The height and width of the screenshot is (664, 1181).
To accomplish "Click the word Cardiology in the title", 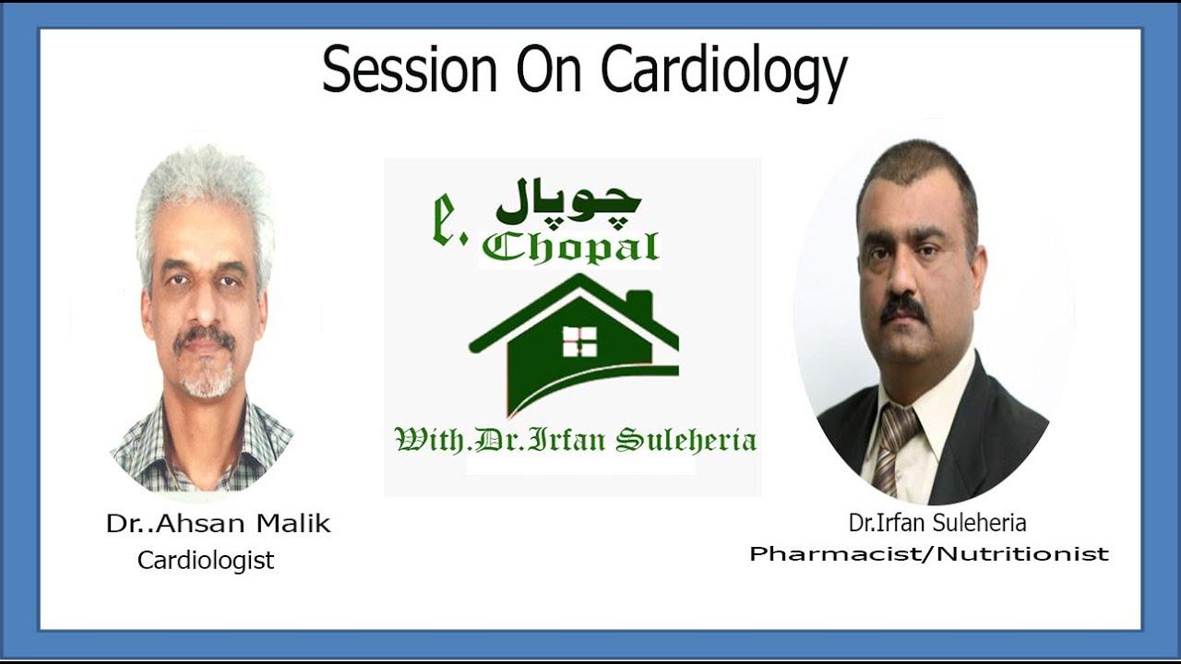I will tap(724, 72).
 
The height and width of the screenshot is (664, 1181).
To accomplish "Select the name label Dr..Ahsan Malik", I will tap(218, 525).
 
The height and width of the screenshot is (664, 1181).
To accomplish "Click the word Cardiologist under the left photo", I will tap(206, 560).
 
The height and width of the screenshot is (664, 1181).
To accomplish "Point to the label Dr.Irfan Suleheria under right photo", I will tap(937, 523).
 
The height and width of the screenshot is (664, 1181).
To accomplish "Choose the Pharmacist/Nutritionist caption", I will tap(929, 554).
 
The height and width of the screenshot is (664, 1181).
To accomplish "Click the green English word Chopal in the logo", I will tap(570, 247).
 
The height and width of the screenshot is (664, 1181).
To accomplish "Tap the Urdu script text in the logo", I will tap(568, 203).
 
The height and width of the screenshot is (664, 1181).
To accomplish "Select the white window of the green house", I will tap(579, 340).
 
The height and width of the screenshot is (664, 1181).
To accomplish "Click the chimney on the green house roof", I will tap(638, 305).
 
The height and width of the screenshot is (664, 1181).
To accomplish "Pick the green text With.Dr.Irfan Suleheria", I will tap(576, 440).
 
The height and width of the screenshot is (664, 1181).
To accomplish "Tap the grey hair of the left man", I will tap(203, 194).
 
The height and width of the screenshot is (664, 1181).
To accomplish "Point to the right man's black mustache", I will tap(903, 307).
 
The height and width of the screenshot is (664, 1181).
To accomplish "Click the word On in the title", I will tap(549, 70).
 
